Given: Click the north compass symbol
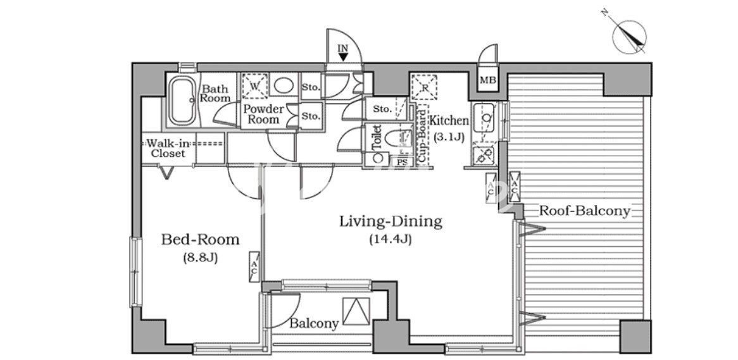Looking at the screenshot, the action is pyautogui.click(x=630, y=37).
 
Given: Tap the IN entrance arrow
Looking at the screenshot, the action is pyautogui.click(x=344, y=57).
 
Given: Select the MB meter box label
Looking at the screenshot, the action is pyautogui.click(x=487, y=81).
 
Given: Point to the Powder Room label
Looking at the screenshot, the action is pyautogui.click(x=263, y=115).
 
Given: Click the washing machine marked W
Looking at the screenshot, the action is pyautogui.click(x=254, y=86).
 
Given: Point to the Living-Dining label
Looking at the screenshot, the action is pyautogui.click(x=391, y=221).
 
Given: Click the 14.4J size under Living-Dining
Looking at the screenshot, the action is pyautogui.click(x=391, y=240).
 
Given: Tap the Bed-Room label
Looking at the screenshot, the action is pyautogui.click(x=200, y=240).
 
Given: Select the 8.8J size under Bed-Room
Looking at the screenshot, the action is pyautogui.click(x=200, y=258).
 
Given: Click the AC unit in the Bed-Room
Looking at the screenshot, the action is pyautogui.click(x=254, y=267).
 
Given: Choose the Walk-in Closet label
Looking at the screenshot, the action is pyautogui.click(x=168, y=148).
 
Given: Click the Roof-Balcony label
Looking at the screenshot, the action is pyautogui.click(x=584, y=211).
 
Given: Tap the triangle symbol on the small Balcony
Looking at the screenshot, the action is pyautogui.click(x=356, y=311).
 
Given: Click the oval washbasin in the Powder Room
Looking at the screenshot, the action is pyautogui.click(x=284, y=85).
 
